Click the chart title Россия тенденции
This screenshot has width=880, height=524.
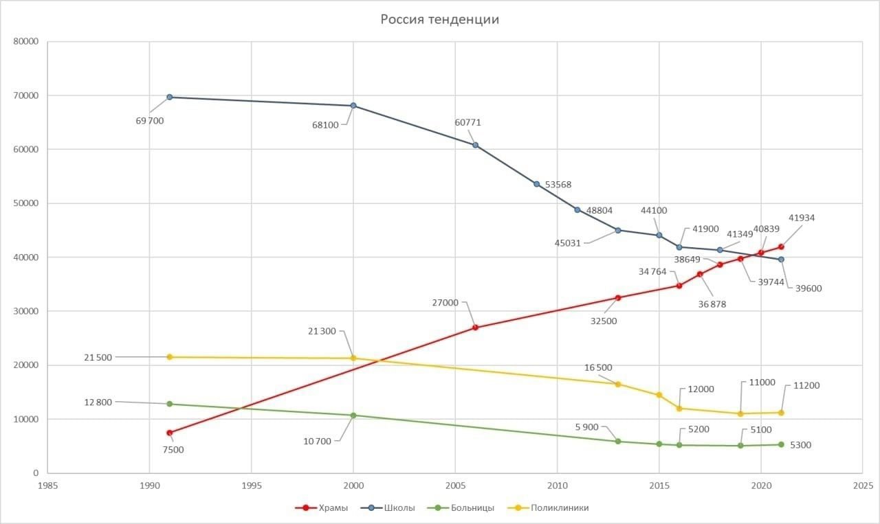click(x=440, y=19)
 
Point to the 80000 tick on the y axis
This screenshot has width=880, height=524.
click(x=25, y=41)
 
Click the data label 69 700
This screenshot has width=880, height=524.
click(x=150, y=121)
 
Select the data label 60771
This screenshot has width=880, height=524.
click(x=468, y=123)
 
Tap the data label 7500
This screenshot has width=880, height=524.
click(x=173, y=450)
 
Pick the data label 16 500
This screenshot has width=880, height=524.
click(x=597, y=367)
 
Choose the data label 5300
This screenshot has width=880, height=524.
click(x=801, y=445)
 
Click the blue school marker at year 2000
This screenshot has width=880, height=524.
click(x=353, y=106)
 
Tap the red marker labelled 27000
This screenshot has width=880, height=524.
click(x=476, y=328)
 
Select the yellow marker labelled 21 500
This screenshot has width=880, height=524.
click(x=169, y=357)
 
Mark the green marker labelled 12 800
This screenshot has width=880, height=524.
click(x=169, y=404)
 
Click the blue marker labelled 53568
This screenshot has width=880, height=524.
click(x=537, y=184)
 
